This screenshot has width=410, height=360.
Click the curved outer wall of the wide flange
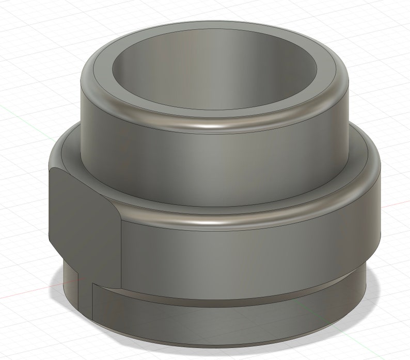point(248,253)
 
